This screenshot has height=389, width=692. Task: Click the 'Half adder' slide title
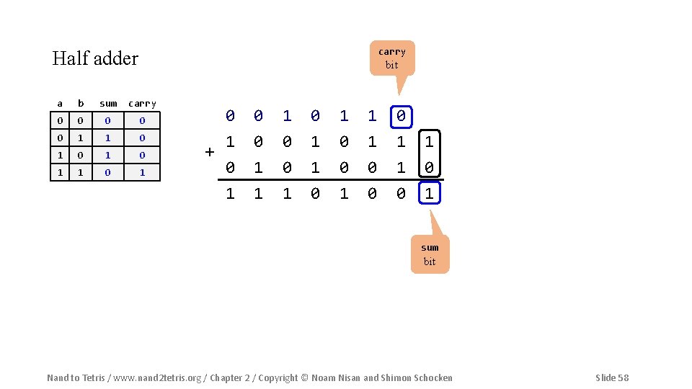(x=95, y=58)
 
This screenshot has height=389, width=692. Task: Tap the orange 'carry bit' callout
(x=391, y=58)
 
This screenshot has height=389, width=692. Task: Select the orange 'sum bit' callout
(x=430, y=254)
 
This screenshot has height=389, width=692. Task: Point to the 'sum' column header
(x=108, y=104)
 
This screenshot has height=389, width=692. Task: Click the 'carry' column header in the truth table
(x=142, y=104)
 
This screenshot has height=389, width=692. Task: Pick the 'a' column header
(x=60, y=104)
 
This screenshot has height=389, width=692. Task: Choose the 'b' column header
(x=81, y=104)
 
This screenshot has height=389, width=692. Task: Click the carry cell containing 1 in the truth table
(x=142, y=172)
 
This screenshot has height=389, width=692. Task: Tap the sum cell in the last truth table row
(x=108, y=172)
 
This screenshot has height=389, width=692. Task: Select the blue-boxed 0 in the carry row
(x=401, y=115)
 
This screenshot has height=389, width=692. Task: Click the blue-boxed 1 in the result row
(x=430, y=193)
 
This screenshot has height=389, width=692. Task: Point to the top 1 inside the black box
(x=430, y=141)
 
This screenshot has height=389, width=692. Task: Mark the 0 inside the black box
(x=430, y=167)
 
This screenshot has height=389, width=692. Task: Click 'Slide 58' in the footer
(x=612, y=377)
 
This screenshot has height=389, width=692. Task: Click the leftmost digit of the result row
(x=230, y=193)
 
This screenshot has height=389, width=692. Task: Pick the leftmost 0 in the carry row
(x=230, y=115)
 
